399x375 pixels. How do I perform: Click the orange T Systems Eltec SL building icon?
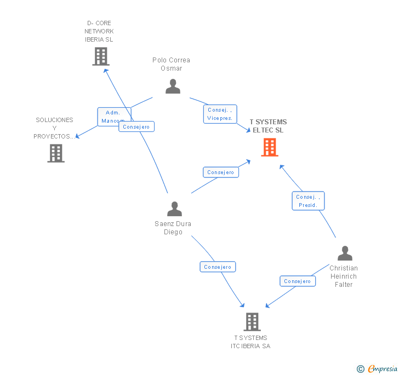point(270,147)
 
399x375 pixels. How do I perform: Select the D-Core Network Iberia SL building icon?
point(100,56)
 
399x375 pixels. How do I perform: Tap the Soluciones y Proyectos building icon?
point(56,153)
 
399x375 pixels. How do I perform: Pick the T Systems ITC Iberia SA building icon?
point(252,322)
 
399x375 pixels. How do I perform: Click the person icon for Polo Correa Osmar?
point(173,86)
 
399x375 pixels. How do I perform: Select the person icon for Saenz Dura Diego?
point(174,209)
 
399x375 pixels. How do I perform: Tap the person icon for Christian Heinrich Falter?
point(345,253)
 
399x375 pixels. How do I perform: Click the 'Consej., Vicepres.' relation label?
point(220,114)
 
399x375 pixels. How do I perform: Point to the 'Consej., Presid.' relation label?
point(308,201)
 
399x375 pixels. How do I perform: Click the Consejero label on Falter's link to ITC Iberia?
point(298,281)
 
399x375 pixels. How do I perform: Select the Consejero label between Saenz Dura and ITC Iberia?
point(218,267)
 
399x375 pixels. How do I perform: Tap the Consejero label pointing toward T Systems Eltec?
point(221,172)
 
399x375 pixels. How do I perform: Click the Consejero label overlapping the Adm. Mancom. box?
point(136,127)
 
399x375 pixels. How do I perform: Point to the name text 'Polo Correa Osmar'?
point(171,64)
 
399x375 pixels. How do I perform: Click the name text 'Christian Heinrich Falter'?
point(344,276)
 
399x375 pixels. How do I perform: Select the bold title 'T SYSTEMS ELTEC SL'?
point(268,126)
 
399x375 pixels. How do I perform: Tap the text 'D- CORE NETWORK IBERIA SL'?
point(99,31)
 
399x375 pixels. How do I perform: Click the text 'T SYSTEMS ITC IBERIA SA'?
point(250,342)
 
